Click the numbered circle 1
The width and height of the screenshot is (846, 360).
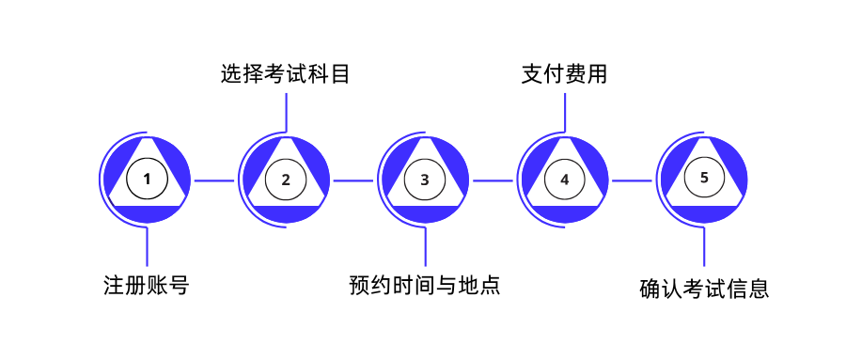tap(147, 179)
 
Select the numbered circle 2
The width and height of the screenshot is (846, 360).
tap(286, 179)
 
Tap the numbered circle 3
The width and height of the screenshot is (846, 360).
tap(425, 179)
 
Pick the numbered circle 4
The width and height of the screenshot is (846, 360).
tap(564, 179)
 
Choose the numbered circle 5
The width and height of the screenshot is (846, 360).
tap(704, 176)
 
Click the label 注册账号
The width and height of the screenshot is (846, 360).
tap(147, 285)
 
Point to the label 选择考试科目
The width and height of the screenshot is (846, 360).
tap(286, 74)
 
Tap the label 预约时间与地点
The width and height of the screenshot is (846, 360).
tap(425, 285)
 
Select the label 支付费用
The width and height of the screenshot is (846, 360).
tap(564, 74)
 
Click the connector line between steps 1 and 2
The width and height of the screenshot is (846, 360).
tap(215, 180)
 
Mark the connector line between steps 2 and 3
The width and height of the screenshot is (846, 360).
tap(354, 180)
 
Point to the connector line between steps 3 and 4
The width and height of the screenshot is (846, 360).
tap(493, 180)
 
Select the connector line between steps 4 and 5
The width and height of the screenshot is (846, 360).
tap(633, 180)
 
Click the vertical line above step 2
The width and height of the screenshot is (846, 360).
tap(286, 111)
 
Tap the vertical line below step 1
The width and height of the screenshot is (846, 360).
tap(147, 247)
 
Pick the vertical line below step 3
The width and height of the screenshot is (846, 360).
tap(425, 247)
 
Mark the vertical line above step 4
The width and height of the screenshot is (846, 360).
tap(564, 111)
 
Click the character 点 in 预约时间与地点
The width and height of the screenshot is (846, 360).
tap(488, 285)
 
